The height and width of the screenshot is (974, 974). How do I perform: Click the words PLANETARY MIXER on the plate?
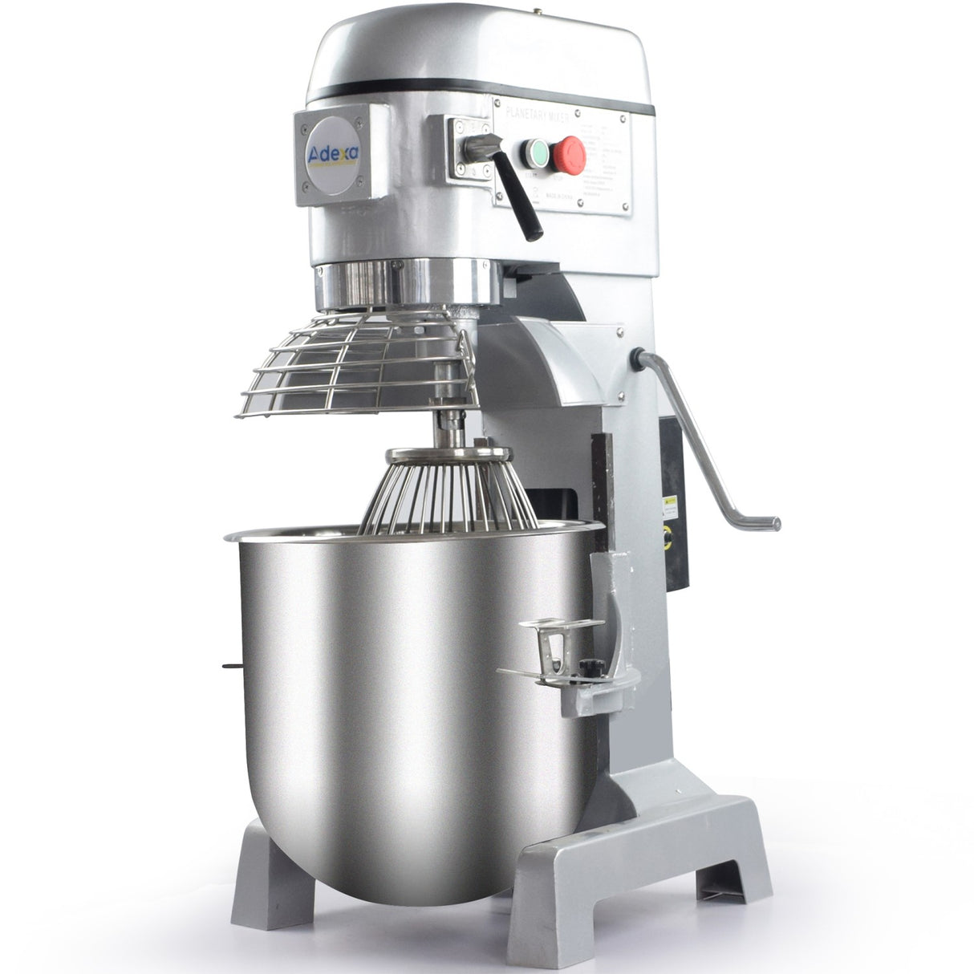pos(538,117)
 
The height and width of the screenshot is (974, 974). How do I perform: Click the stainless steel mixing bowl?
pos(401,690)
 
